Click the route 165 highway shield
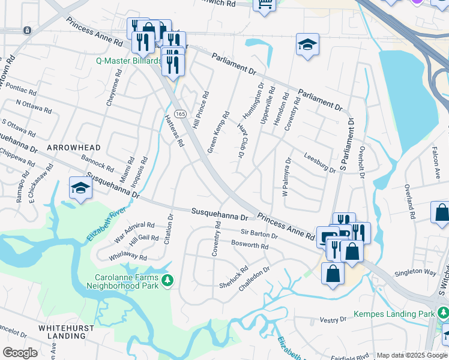(x=179, y=114)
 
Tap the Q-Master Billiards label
(x=128, y=61)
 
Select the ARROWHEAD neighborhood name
(x=71, y=147)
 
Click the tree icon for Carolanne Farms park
(x=169, y=280)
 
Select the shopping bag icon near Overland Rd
(x=441, y=213)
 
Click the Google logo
(x=20, y=353)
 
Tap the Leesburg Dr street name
(x=319, y=163)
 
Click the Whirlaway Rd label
(x=128, y=256)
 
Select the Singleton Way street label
(x=414, y=272)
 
